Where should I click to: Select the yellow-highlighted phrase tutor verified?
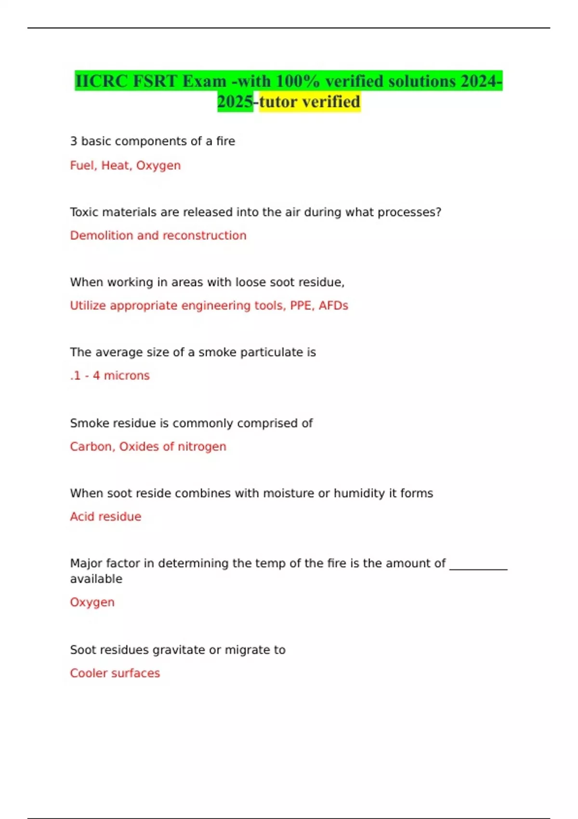[x=310, y=102]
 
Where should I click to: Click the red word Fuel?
[x=83, y=165]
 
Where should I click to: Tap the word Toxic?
[x=84, y=212]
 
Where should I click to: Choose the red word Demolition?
[x=102, y=236]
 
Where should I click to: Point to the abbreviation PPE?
[x=301, y=305]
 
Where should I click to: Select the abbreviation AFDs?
[x=333, y=305]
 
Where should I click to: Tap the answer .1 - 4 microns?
[x=110, y=376]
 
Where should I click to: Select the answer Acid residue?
[x=105, y=516]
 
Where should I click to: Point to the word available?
[x=96, y=579]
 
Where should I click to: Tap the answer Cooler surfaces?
[x=115, y=673]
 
